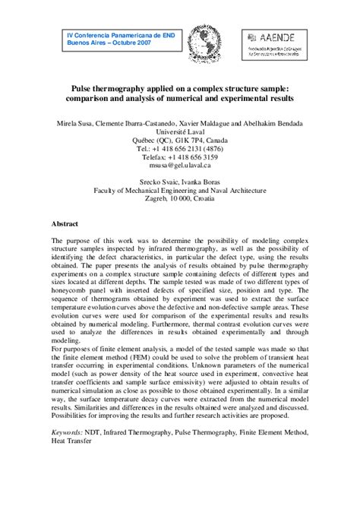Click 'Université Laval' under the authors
(x=179, y=131)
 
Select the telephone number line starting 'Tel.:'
(x=179, y=149)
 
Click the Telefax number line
(x=179, y=158)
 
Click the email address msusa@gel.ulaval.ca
(x=179, y=167)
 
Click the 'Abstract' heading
(x=65, y=225)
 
